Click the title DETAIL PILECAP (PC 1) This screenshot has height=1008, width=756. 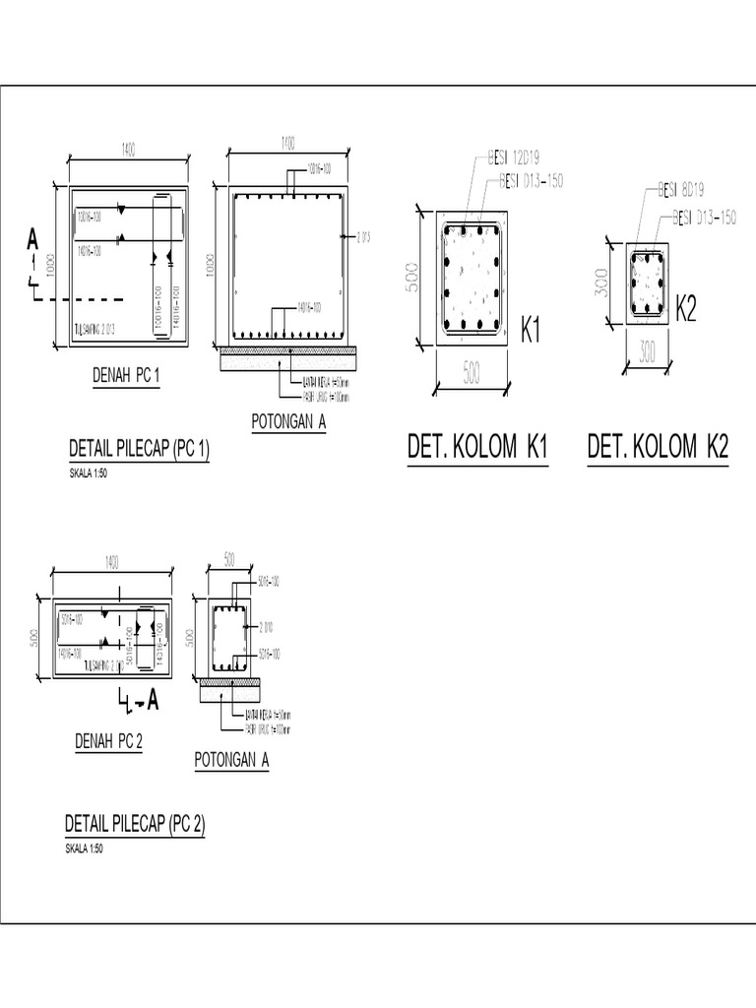click(139, 450)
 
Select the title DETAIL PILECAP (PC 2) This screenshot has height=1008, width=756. click(135, 823)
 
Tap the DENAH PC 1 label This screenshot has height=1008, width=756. click(125, 374)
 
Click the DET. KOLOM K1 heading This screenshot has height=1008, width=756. click(477, 448)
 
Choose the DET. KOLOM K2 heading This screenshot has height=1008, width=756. click(658, 448)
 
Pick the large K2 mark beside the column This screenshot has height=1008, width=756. click(686, 311)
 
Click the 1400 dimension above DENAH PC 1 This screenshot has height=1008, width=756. click(128, 149)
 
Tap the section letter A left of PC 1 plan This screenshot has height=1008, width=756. click(32, 238)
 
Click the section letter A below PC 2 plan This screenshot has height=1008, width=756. click(155, 701)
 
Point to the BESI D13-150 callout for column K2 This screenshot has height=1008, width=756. click(704, 218)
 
